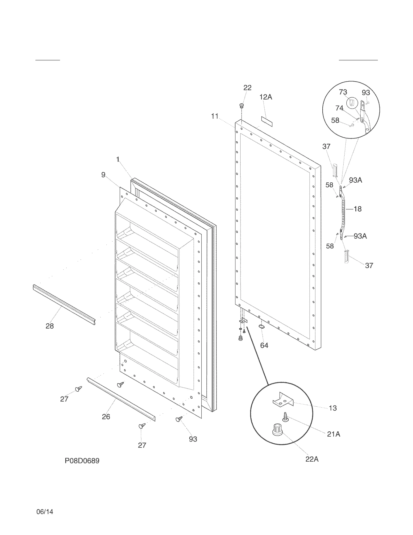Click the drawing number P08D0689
coord(82,461)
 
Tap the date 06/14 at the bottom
coord(45,512)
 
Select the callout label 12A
coord(266,97)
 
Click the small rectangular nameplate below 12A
coord(267,121)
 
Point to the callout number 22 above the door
coord(247,88)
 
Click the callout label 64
coord(264,345)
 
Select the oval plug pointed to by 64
coord(262,327)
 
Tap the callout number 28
coord(50,326)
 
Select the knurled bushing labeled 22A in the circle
coord(277,430)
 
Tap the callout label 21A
coord(333,434)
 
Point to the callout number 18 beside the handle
coord(358,209)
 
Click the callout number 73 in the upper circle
coord(343,92)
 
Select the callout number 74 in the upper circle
coord(339,108)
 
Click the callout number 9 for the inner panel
coord(103,175)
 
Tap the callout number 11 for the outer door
coord(215,116)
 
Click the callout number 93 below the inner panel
coord(193,439)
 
